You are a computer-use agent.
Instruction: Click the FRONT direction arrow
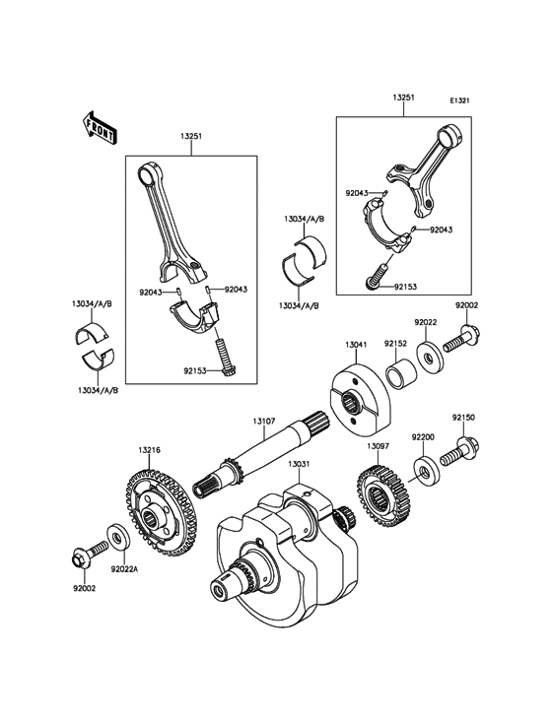click(x=100, y=128)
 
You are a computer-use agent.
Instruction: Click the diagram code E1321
click(x=459, y=100)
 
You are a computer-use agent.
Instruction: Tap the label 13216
click(x=149, y=450)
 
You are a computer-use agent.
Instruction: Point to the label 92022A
click(x=124, y=569)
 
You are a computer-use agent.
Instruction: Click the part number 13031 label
click(x=300, y=465)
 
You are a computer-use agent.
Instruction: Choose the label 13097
click(x=379, y=446)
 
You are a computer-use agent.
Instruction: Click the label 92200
click(x=423, y=436)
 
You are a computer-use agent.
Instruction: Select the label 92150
click(x=463, y=418)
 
